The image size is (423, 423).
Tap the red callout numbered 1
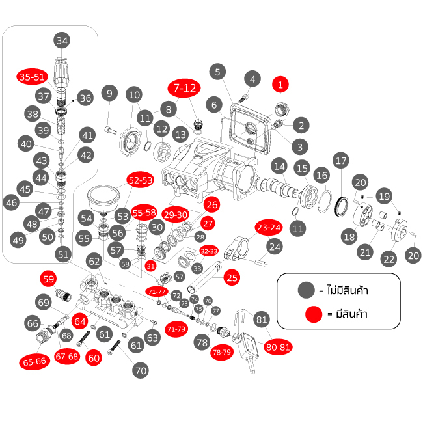(280, 85)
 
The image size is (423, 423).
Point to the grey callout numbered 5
(218, 72)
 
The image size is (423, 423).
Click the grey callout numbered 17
(341, 160)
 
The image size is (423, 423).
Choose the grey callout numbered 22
(389, 259)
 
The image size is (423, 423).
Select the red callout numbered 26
(211, 204)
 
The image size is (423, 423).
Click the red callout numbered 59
(49, 279)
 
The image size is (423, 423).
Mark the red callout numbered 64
(80, 321)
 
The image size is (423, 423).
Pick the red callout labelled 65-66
(36, 361)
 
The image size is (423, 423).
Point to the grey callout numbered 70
(140, 370)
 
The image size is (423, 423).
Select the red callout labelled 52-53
(140, 180)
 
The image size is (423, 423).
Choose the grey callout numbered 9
(109, 94)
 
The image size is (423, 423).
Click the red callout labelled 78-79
(221, 353)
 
